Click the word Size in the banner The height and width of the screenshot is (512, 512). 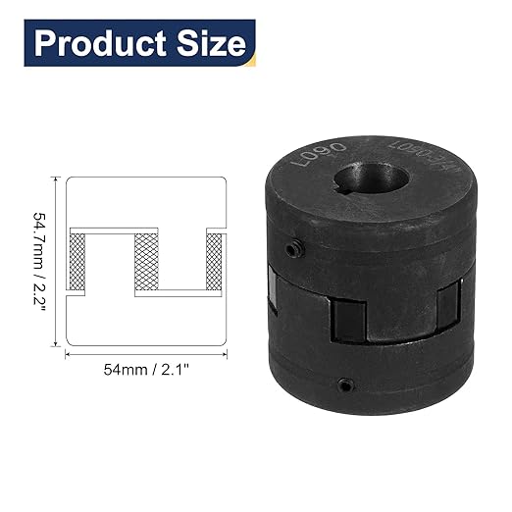(x=207, y=43)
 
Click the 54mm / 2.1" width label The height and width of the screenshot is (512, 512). (x=147, y=371)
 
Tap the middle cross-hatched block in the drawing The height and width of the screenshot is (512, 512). (x=147, y=259)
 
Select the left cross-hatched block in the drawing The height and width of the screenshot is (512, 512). (x=75, y=261)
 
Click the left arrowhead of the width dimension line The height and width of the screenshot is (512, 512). (x=68, y=355)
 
